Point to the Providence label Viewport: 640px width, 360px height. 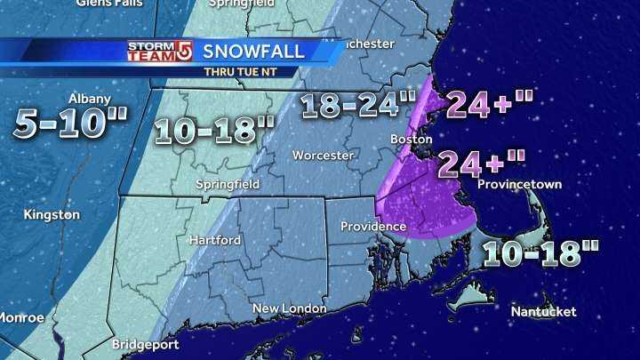(x=373, y=227)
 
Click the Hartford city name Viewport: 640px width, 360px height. (x=215, y=240)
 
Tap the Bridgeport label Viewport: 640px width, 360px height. (x=146, y=343)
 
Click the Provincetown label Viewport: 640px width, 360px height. (x=519, y=185)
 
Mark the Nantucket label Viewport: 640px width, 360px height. (x=544, y=311)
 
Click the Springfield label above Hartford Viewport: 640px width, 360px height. (x=227, y=184)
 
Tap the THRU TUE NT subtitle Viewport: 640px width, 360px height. (x=241, y=70)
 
